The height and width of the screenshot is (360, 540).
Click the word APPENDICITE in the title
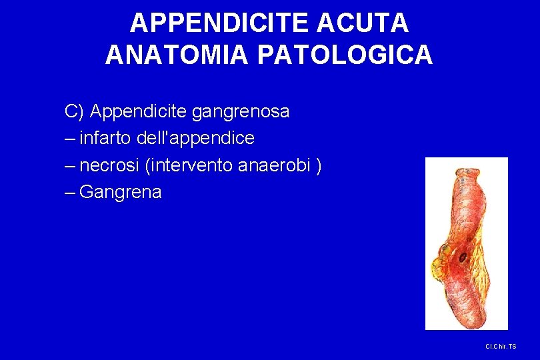[219, 23]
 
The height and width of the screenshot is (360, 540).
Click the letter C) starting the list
[74, 111]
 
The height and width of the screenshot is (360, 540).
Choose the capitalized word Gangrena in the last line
[120, 193]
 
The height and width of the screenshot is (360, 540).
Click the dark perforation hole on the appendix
[461, 257]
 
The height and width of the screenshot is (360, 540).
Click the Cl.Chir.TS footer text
[501, 347]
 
